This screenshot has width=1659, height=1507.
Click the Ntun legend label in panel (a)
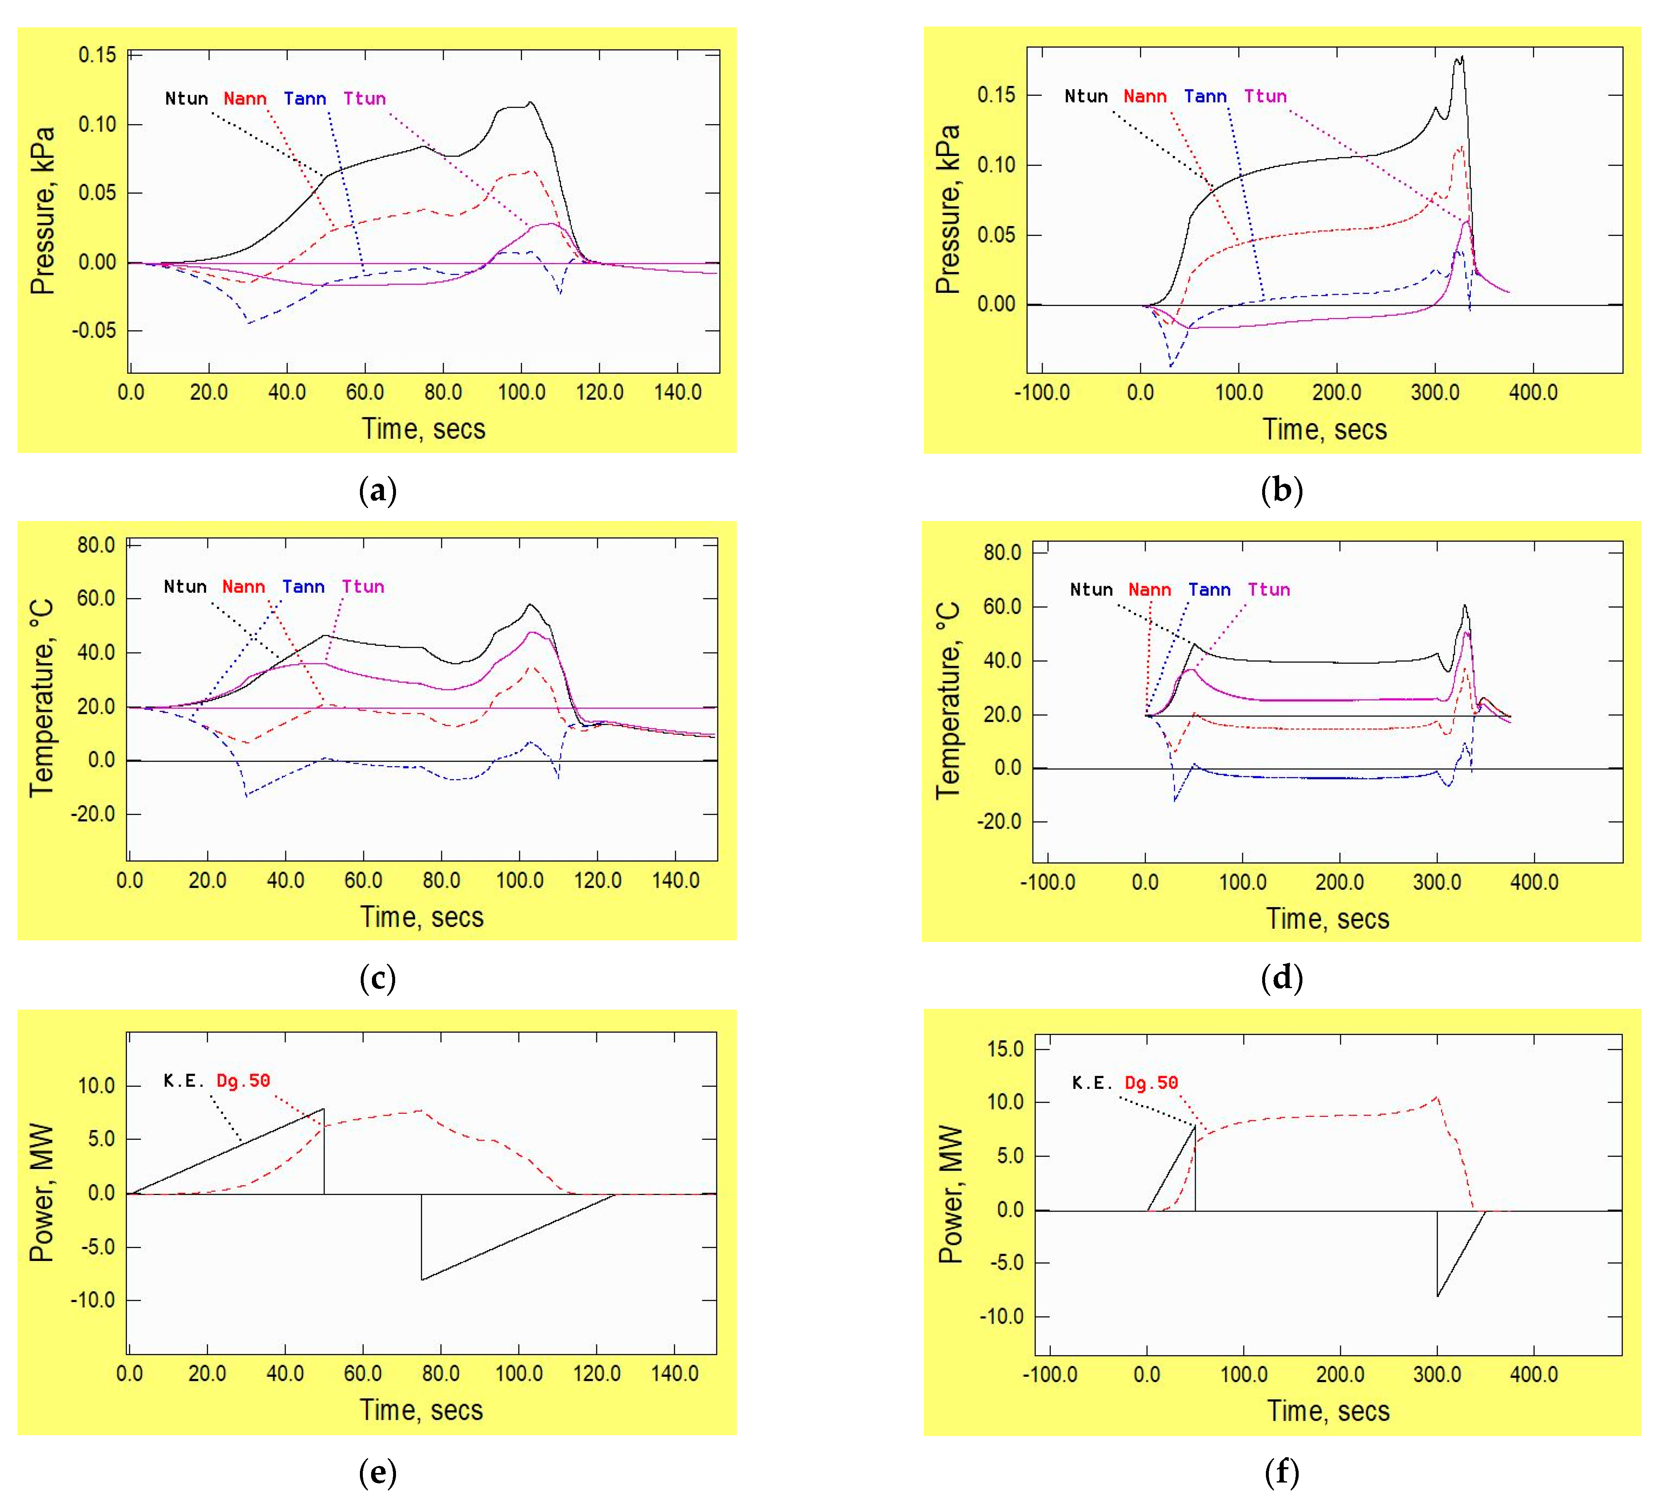[186, 99]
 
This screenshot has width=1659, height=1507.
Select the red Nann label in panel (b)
[1145, 96]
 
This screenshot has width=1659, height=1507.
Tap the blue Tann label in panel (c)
[303, 587]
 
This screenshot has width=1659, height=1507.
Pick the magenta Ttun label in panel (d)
[1268, 589]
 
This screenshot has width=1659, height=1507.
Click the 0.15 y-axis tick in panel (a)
[97, 55]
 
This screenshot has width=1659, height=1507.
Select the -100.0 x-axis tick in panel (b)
[1042, 392]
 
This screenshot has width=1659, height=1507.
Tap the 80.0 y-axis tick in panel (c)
[96, 545]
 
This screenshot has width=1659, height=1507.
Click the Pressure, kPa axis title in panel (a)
[43, 211]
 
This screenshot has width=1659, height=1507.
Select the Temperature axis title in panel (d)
[948, 700]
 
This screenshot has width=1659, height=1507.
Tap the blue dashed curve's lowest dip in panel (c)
[246, 795]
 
